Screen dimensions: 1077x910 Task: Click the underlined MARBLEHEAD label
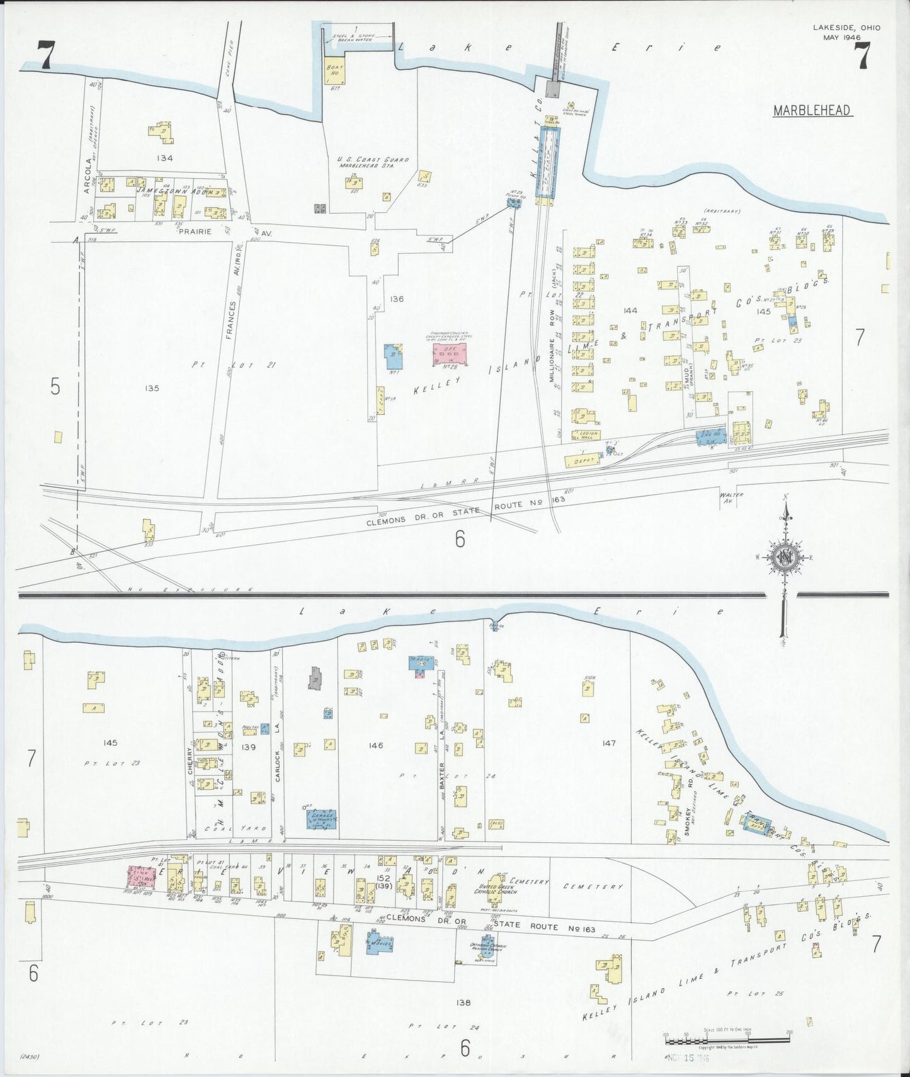pos(812,111)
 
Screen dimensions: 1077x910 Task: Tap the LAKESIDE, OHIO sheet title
pos(846,28)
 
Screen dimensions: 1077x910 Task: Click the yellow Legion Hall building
pos(586,435)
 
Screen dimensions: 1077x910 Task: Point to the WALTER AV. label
pos(731,498)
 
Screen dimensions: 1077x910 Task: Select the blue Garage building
pos(321,819)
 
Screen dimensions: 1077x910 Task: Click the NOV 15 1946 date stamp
pos(689,1058)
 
